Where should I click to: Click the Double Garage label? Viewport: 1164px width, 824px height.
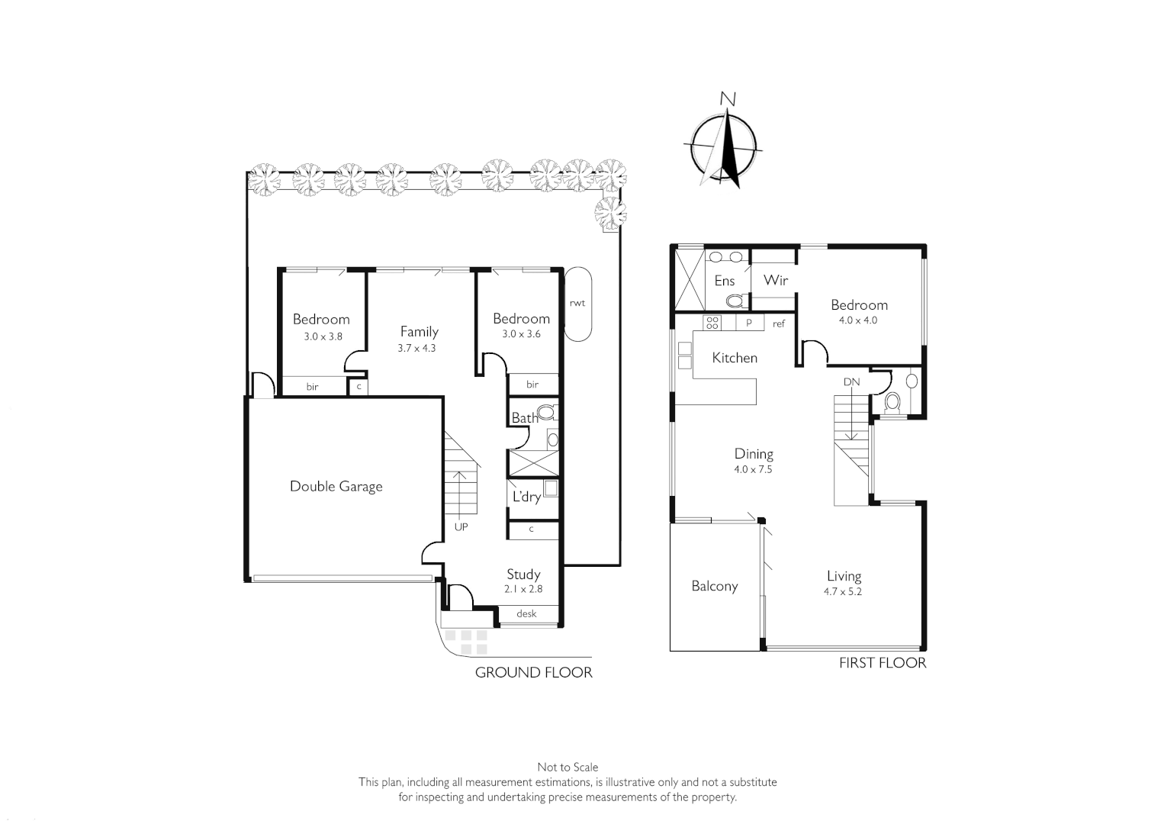point(336,486)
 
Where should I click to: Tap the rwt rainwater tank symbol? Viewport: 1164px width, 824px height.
point(577,304)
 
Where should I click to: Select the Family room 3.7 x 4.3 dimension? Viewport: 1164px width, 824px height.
point(416,348)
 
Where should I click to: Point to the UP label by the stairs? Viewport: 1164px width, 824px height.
point(461,527)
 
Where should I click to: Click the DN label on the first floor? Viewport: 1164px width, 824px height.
point(851,381)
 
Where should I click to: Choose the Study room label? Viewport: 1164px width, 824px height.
point(523,574)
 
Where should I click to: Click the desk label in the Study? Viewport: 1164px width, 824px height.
point(526,613)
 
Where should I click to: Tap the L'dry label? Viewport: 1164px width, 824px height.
point(526,497)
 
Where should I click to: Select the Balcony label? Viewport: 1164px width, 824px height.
point(714,586)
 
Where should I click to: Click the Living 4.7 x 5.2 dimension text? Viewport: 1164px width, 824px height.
point(844,591)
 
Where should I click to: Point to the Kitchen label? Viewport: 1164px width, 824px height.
point(734,357)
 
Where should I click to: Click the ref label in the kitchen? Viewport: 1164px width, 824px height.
point(778,323)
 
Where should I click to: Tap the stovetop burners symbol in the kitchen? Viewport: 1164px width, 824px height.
point(712,323)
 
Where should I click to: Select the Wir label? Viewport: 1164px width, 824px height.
point(775,280)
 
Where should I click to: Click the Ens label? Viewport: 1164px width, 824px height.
point(724,281)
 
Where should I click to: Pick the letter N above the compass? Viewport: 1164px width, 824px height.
point(728,98)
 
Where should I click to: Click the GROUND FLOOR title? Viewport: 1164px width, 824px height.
point(533,672)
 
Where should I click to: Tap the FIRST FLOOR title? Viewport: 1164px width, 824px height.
point(882,663)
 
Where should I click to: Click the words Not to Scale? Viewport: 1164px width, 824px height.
point(568,767)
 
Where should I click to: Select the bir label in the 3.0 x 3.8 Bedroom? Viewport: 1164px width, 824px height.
point(312,387)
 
